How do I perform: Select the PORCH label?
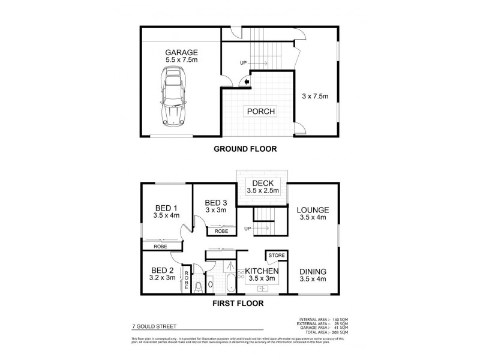point(259,112)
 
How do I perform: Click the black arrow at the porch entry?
point(246,84)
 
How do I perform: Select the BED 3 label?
point(215,202)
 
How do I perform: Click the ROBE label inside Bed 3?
point(220,230)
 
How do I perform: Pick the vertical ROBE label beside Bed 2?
point(187,281)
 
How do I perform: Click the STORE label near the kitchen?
point(275,256)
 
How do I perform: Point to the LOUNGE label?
point(312,210)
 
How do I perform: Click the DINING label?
point(313,271)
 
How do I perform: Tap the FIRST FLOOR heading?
point(239,304)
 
